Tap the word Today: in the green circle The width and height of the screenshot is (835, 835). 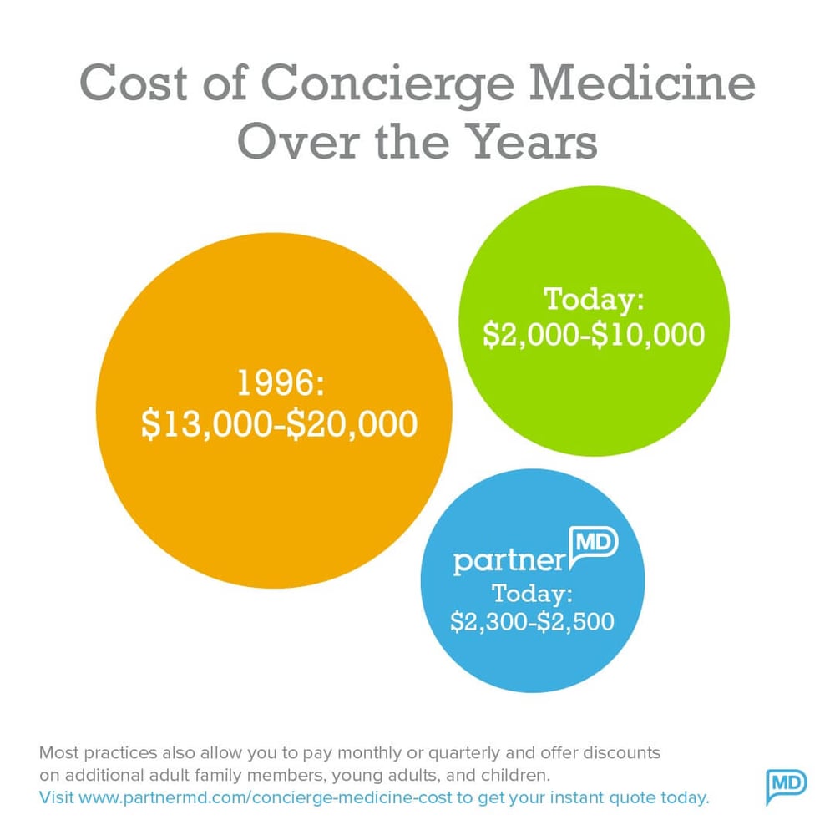[595, 297]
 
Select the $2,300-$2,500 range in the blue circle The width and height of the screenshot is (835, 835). [532, 622]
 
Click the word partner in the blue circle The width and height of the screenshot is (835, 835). [509, 561]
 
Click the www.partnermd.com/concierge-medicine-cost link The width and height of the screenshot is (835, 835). [265, 797]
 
